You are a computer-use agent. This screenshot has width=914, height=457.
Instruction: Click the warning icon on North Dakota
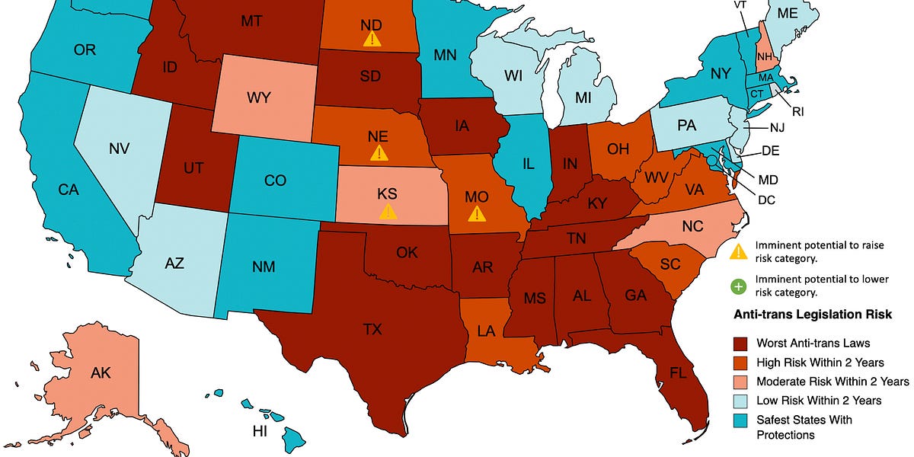(x=372, y=39)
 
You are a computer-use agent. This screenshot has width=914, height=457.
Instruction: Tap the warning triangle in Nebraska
(x=378, y=152)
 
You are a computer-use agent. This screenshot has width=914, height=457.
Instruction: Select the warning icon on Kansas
(x=388, y=211)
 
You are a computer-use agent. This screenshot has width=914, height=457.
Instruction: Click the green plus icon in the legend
(x=737, y=286)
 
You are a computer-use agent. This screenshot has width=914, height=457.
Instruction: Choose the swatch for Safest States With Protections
(x=740, y=420)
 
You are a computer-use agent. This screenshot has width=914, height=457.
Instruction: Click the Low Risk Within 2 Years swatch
(x=740, y=400)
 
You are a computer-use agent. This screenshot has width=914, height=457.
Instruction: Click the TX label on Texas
(x=372, y=329)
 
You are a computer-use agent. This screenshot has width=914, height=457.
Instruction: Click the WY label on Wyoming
(x=260, y=99)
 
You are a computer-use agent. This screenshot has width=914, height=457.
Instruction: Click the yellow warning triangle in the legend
(x=737, y=251)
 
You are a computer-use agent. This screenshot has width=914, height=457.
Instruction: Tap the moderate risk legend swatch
(x=740, y=381)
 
